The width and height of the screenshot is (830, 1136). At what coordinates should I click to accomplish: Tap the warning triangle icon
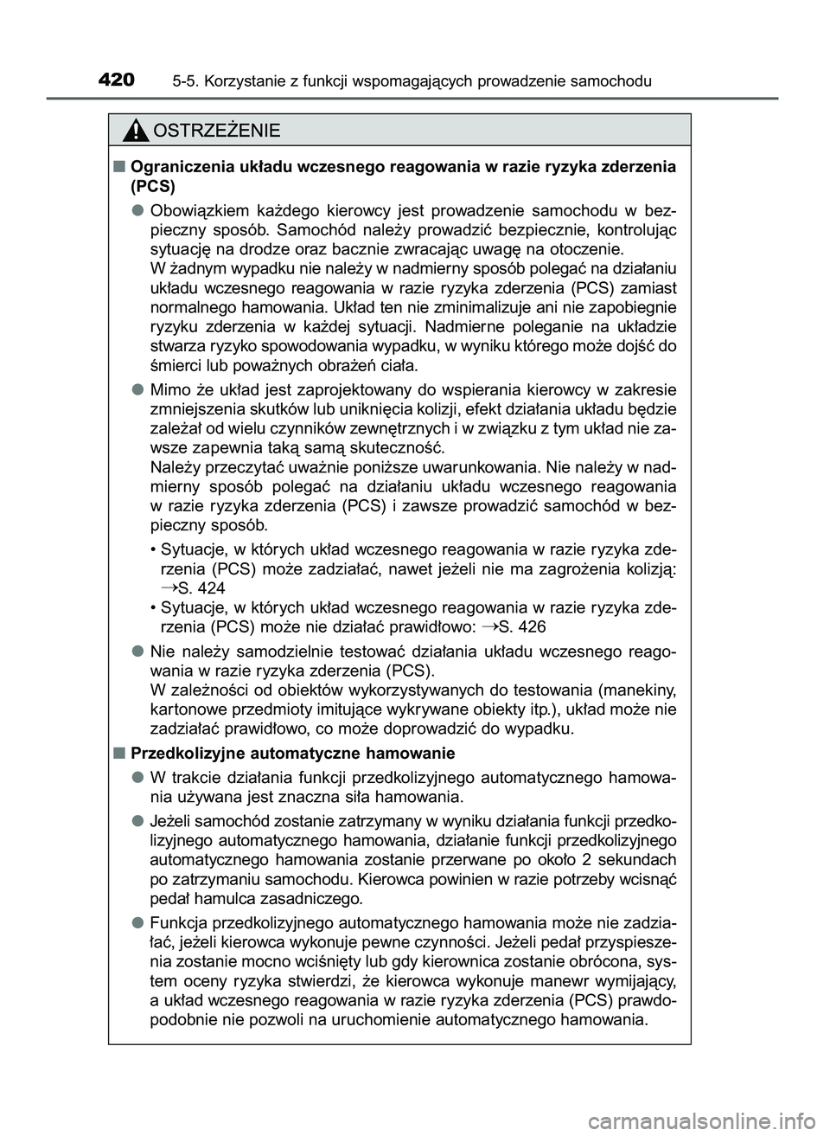click(x=137, y=131)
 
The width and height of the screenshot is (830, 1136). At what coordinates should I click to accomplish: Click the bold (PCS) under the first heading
click(x=152, y=186)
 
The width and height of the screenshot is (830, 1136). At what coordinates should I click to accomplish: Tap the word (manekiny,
click(x=635, y=690)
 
